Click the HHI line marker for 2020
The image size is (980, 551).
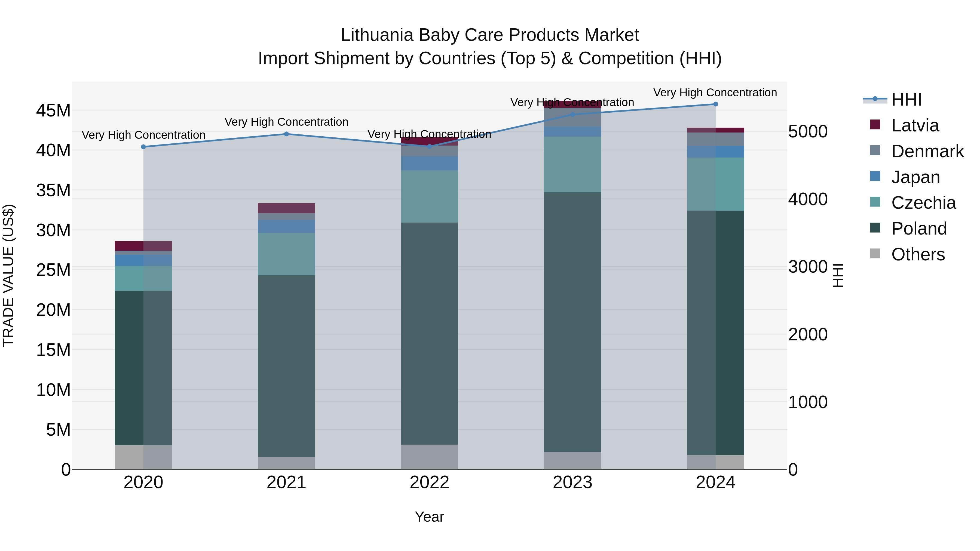[143, 147]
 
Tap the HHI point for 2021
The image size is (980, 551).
[286, 134]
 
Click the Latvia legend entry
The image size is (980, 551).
[915, 125]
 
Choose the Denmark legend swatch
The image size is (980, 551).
[875, 150]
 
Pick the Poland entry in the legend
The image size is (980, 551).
[918, 229]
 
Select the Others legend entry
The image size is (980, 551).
[918, 254]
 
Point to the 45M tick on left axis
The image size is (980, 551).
[53, 111]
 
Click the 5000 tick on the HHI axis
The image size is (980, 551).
[808, 132]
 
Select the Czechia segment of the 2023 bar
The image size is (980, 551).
[572, 164]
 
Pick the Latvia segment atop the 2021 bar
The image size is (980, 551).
[286, 208]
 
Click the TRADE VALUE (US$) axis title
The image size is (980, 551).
[8, 275]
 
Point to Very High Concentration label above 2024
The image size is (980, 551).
[715, 93]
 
